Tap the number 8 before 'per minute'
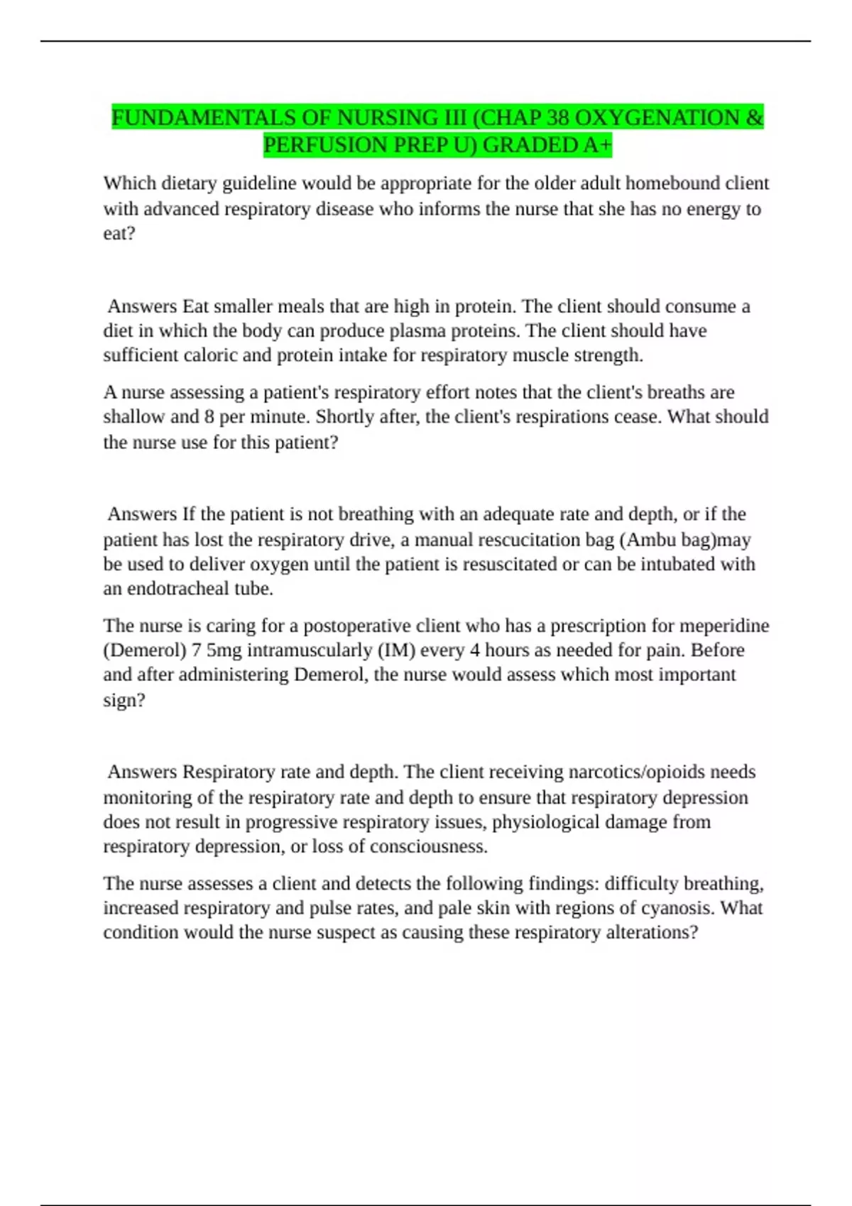pos(209,416)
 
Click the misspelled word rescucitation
pos(524,540)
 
